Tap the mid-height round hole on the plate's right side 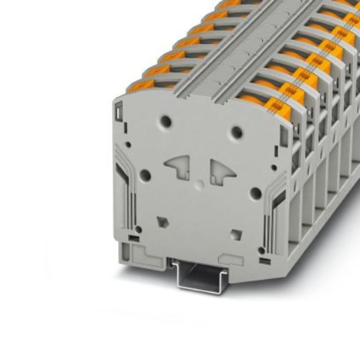[257, 193]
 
